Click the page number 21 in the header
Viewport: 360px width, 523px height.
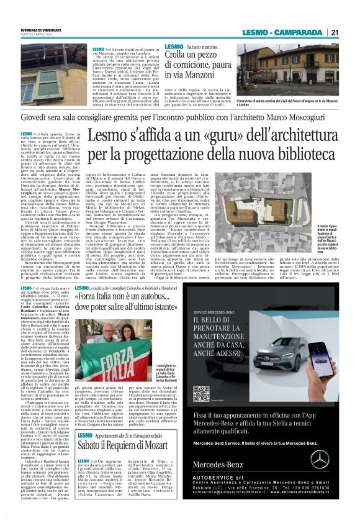pos(335,32)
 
